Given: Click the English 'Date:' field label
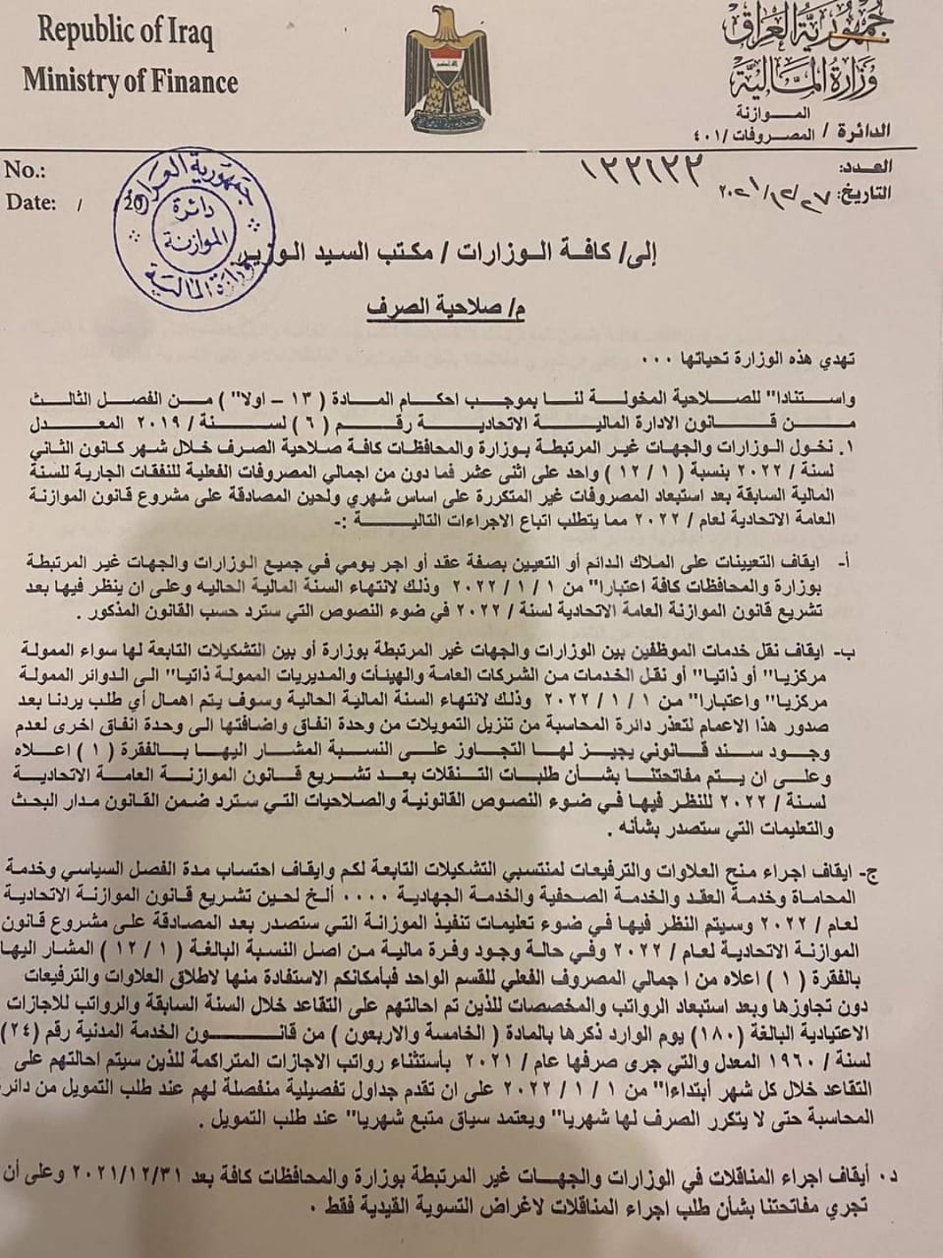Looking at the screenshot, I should (x=31, y=202).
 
